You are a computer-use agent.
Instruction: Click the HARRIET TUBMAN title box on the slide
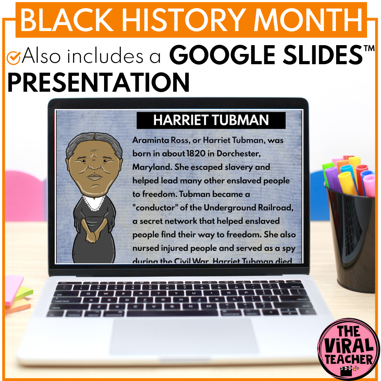click(211, 120)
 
